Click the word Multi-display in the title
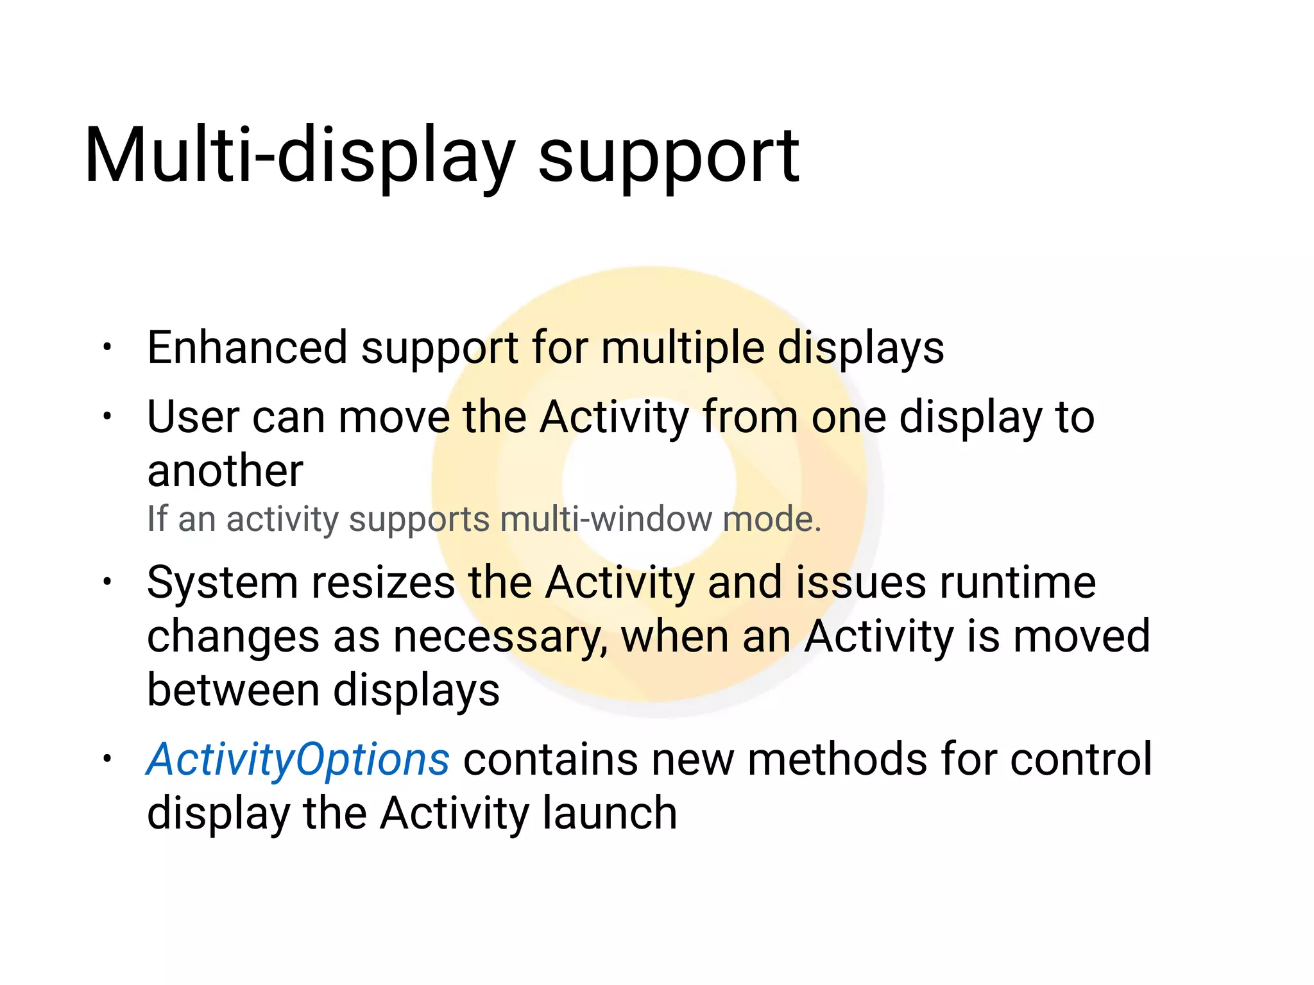click(x=299, y=156)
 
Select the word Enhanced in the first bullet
click(x=247, y=348)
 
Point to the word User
click(x=193, y=417)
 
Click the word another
click(x=225, y=471)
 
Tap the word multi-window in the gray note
click(x=605, y=519)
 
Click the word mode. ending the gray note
click(x=772, y=519)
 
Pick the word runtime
click(x=1018, y=583)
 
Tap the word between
click(x=233, y=691)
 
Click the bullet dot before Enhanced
click(x=107, y=348)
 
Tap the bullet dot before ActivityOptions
click(x=107, y=760)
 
